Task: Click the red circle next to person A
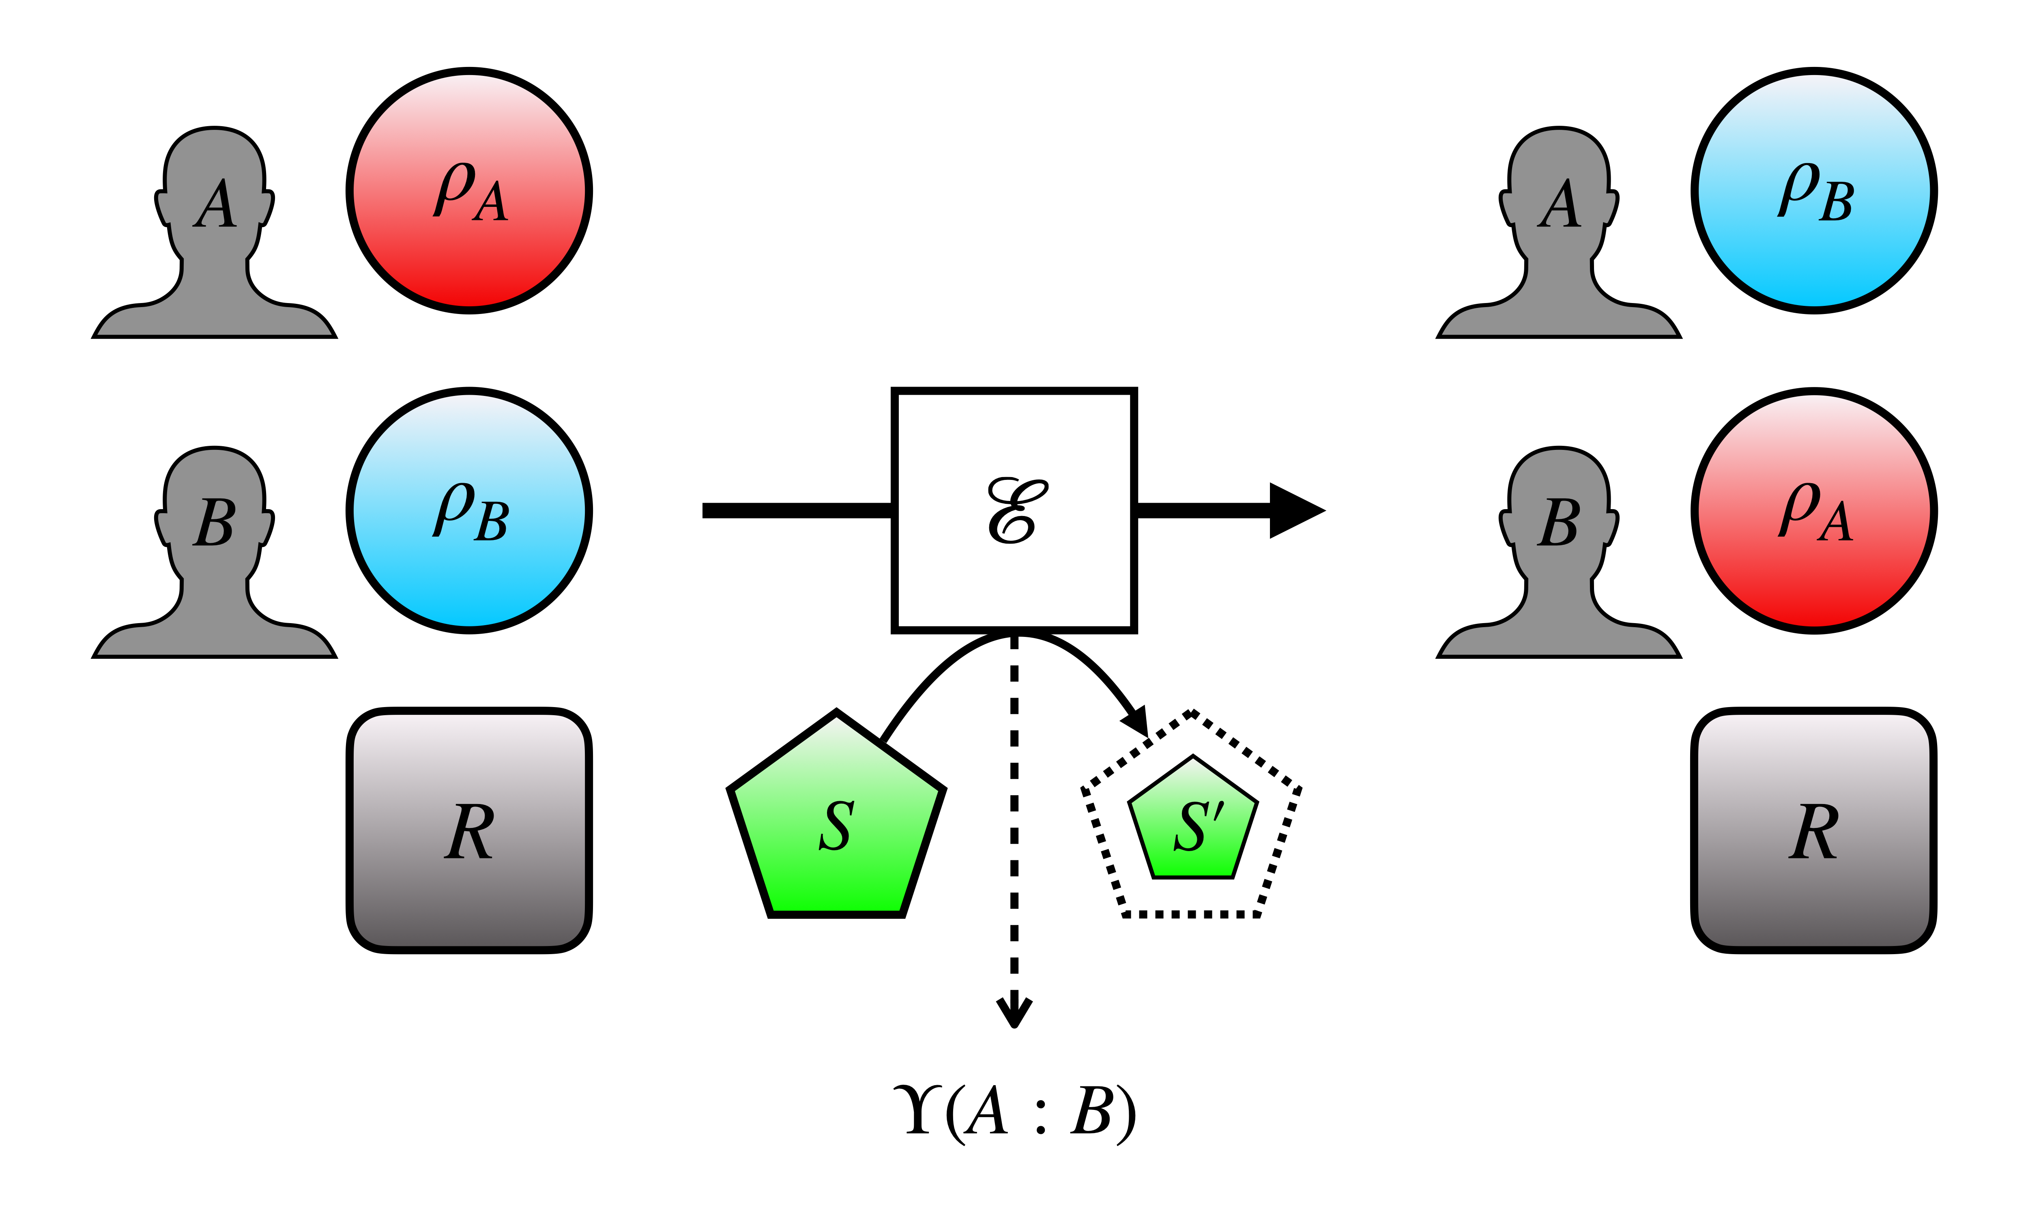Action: coord(469,190)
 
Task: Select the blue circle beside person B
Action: coord(469,510)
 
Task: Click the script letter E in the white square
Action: coord(1016,510)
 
